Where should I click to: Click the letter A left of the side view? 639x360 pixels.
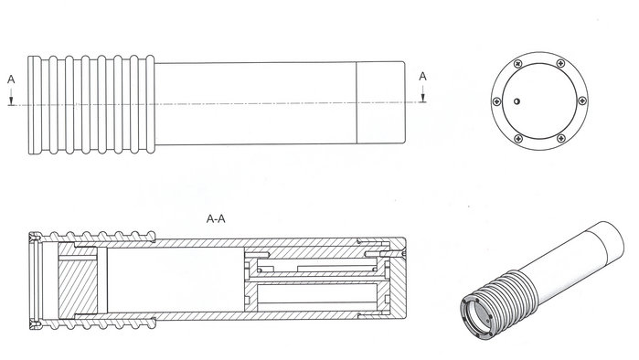click(11, 79)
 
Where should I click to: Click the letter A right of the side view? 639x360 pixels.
click(422, 76)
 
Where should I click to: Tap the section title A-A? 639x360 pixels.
click(216, 219)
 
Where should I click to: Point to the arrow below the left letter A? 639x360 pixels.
click(11, 96)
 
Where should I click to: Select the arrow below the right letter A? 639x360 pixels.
click(423, 93)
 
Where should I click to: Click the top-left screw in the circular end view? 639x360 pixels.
click(517, 64)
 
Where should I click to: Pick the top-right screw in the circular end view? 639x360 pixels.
click(561, 64)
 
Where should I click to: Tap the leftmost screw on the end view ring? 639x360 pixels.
click(496, 101)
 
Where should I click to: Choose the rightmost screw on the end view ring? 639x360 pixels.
click(582, 101)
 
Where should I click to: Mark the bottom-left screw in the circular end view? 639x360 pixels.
click(518, 139)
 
